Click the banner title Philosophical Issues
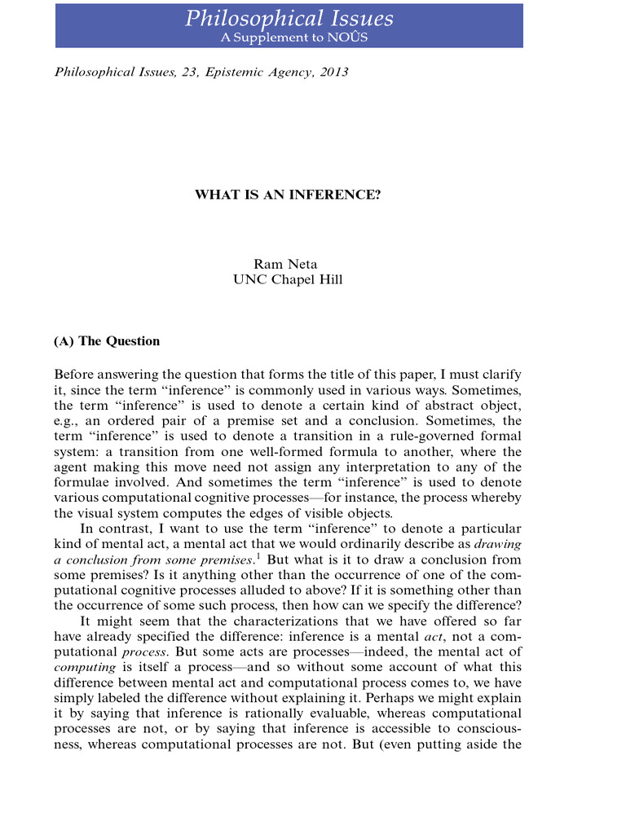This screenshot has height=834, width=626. point(289,20)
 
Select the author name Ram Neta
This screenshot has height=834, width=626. point(288,265)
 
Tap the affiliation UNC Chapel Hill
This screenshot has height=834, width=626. point(288,280)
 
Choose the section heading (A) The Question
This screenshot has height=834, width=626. point(107,341)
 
